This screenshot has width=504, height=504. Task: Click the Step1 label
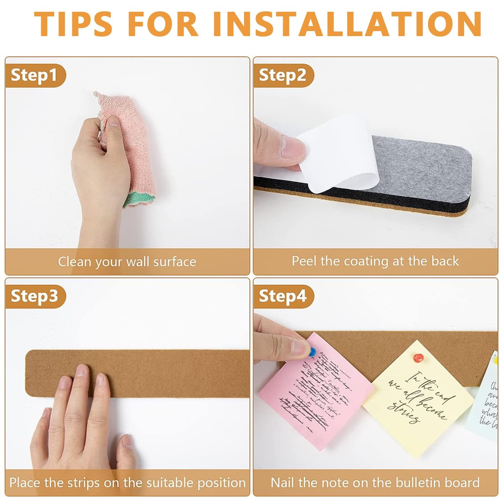coord(34,76)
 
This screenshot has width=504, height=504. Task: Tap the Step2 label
coord(282,76)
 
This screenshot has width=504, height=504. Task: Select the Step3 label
coord(34,296)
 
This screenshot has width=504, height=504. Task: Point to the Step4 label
coord(282,296)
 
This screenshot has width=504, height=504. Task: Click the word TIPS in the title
coord(73,24)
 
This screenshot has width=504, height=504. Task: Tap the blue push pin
coord(312,352)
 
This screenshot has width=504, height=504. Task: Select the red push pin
coord(418,358)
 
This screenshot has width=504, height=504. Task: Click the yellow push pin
coord(496,360)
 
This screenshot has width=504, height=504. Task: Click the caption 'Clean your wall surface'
coord(127,262)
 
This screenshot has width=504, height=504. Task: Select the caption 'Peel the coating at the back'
coord(375,261)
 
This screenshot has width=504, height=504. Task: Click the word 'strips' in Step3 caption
coord(88,483)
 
